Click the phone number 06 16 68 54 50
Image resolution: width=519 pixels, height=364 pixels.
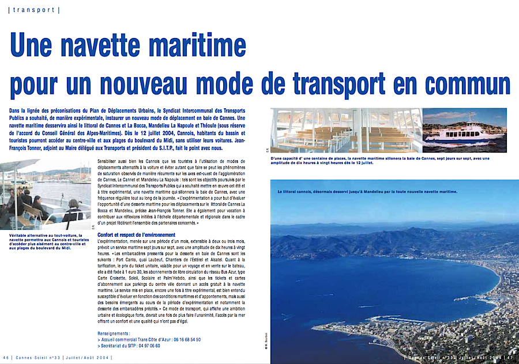(x=180, y=340)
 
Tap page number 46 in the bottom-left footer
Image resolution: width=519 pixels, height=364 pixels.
(x=5, y=358)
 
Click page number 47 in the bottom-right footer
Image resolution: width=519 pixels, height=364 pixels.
(x=512, y=358)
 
